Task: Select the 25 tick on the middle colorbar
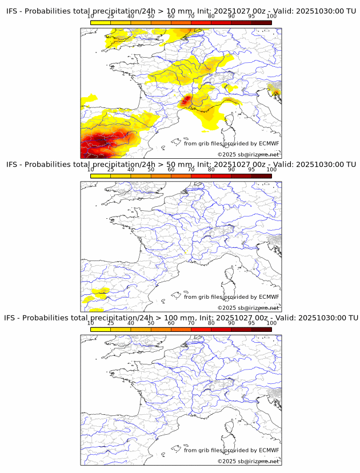click(x=111, y=169)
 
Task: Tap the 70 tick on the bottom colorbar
click(x=191, y=322)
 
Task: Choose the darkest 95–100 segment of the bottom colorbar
click(x=261, y=330)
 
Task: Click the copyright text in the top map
click(x=248, y=154)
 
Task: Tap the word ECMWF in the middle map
click(x=269, y=297)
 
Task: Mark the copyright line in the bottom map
click(x=248, y=461)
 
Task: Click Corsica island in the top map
click(x=230, y=123)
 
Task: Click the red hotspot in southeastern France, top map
click(x=186, y=102)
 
